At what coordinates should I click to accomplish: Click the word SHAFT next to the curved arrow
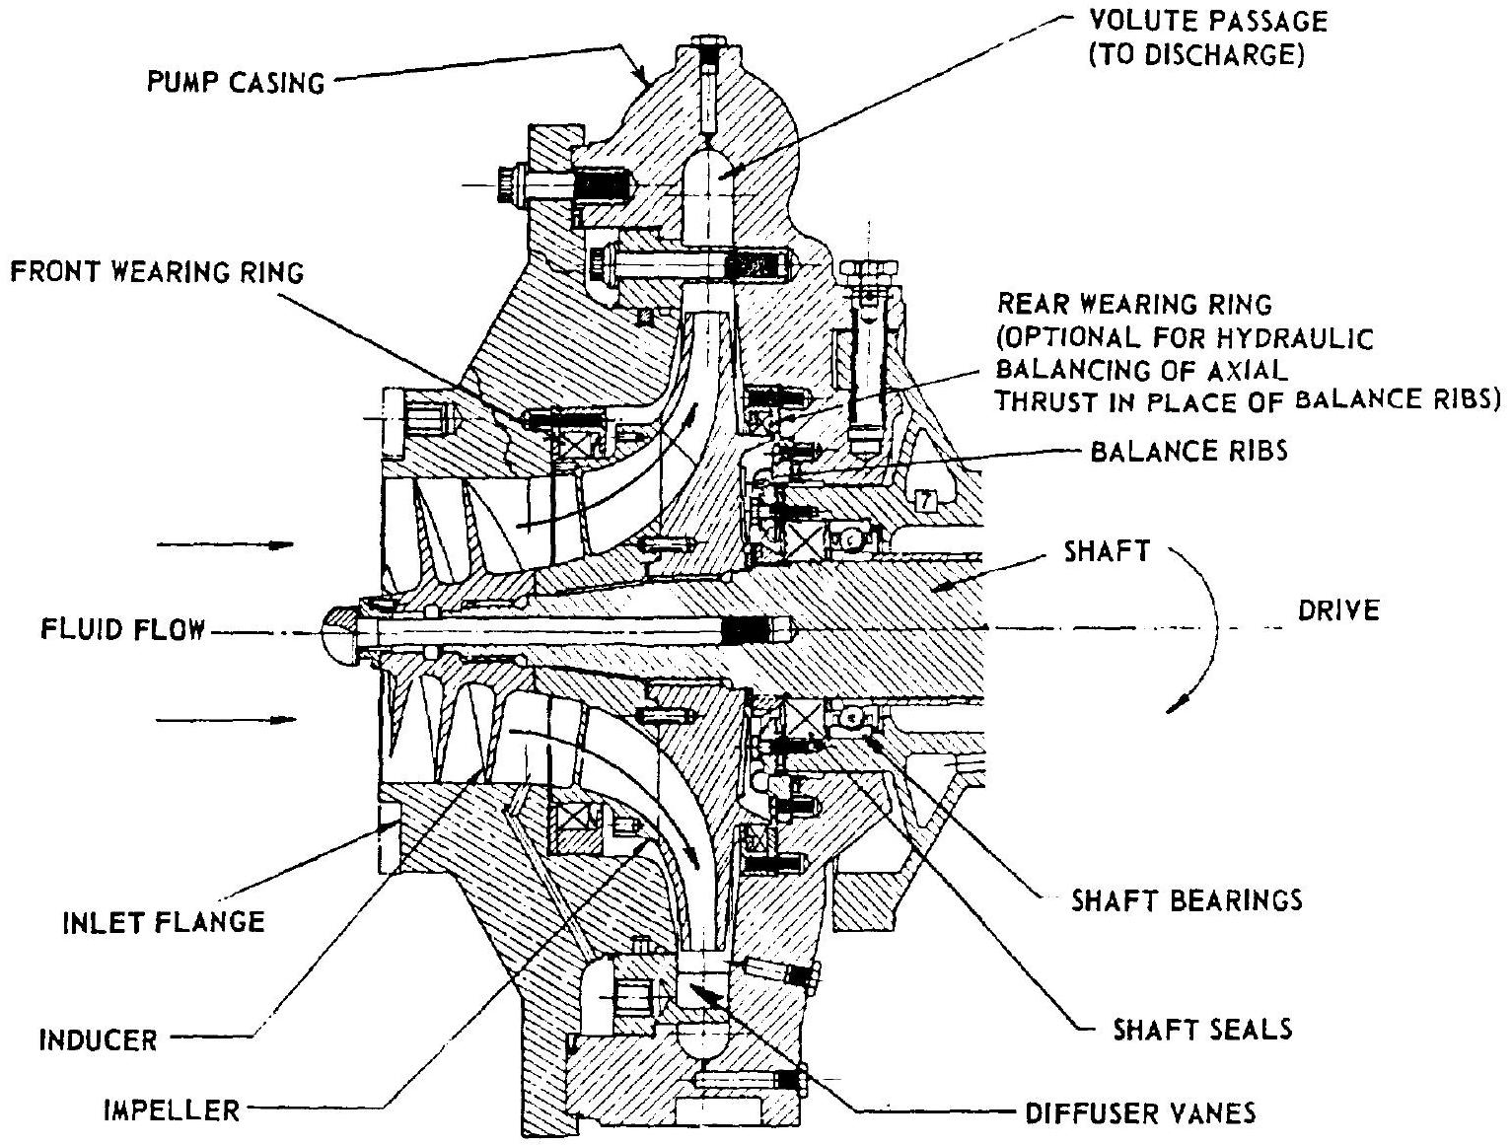[1106, 551]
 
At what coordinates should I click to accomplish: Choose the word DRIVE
[1338, 610]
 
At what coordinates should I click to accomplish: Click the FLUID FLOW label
[122, 628]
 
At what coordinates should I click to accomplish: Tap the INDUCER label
[99, 1039]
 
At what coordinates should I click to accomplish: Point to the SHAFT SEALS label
[1201, 1030]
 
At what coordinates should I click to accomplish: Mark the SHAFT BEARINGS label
[1187, 899]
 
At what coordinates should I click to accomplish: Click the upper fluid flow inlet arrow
[226, 544]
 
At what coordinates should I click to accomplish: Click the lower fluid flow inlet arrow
[226, 720]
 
